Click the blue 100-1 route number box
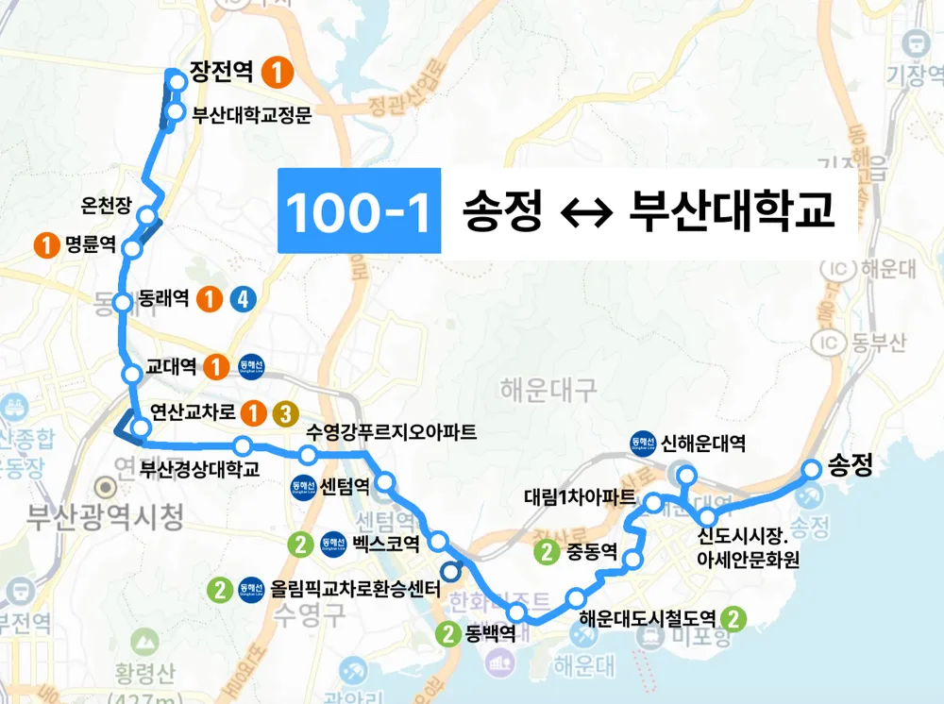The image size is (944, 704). pos(359,210)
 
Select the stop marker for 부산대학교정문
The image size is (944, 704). pos(176,114)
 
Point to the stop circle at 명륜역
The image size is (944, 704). pos(133,249)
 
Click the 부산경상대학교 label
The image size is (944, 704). pos(199,468)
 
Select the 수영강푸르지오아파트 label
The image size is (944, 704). pos(392,434)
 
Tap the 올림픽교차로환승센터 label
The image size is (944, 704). pos(355,591)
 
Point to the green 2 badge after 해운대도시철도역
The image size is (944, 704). pos(735,619)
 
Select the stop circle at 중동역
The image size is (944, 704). pos(633,562)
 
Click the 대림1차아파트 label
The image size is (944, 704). pos(580,496)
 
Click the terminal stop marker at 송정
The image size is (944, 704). pos(812,467)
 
